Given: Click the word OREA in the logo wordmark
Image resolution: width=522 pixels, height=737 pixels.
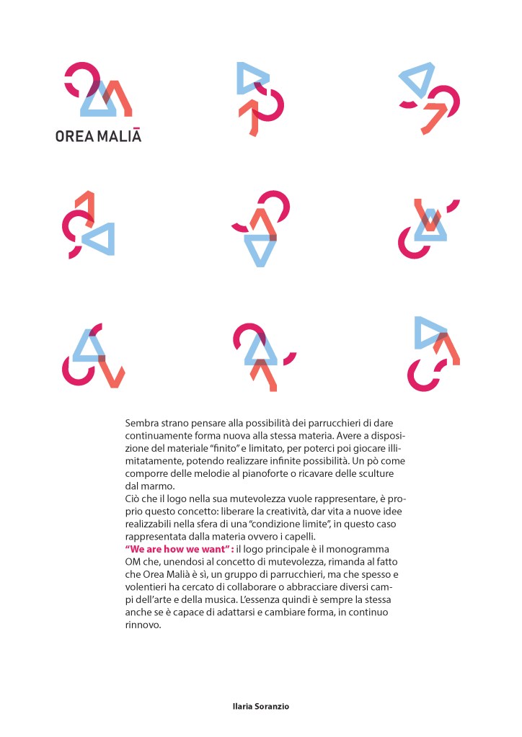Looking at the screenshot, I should (74, 135).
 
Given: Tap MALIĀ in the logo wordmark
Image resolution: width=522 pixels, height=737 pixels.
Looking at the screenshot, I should (118, 135).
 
